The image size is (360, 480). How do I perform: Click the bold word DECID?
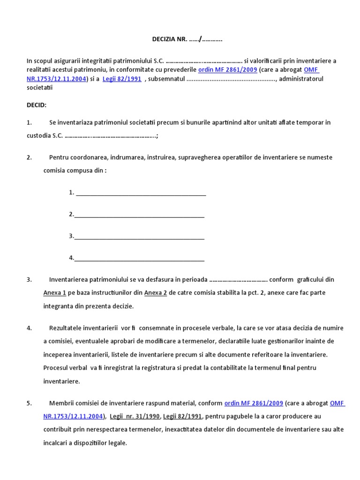coord(37,105)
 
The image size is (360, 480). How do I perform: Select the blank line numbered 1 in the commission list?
coord(141,193)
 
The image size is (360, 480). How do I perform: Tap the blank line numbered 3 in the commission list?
coord(139,236)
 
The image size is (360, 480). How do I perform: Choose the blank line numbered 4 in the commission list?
coord(139,258)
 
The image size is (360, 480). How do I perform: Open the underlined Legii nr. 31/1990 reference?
coord(135,416)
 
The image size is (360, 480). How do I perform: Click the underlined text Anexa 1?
coord(54,293)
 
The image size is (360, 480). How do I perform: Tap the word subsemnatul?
coord(166,79)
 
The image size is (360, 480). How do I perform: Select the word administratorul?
coord(301,79)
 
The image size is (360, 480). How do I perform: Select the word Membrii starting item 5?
coord(60,403)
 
